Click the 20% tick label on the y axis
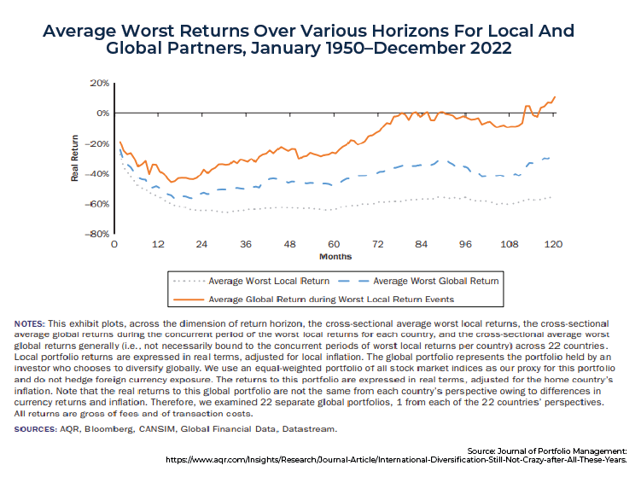click(x=100, y=83)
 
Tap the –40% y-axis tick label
click(x=97, y=174)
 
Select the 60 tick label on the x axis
click(x=334, y=244)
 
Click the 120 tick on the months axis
click(x=553, y=244)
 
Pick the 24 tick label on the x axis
click(x=201, y=244)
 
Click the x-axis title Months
click(x=335, y=257)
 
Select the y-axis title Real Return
click(x=74, y=158)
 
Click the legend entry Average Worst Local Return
click(x=269, y=282)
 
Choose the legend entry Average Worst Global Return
click(x=436, y=282)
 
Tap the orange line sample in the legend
click(x=189, y=300)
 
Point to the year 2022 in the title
click(x=491, y=49)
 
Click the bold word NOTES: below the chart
click(x=29, y=324)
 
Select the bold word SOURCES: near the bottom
click(x=36, y=429)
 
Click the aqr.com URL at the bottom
click(x=396, y=460)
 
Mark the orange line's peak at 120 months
click(x=555, y=97)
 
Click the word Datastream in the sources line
click(x=309, y=429)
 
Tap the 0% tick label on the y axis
click(x=103, y=113)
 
